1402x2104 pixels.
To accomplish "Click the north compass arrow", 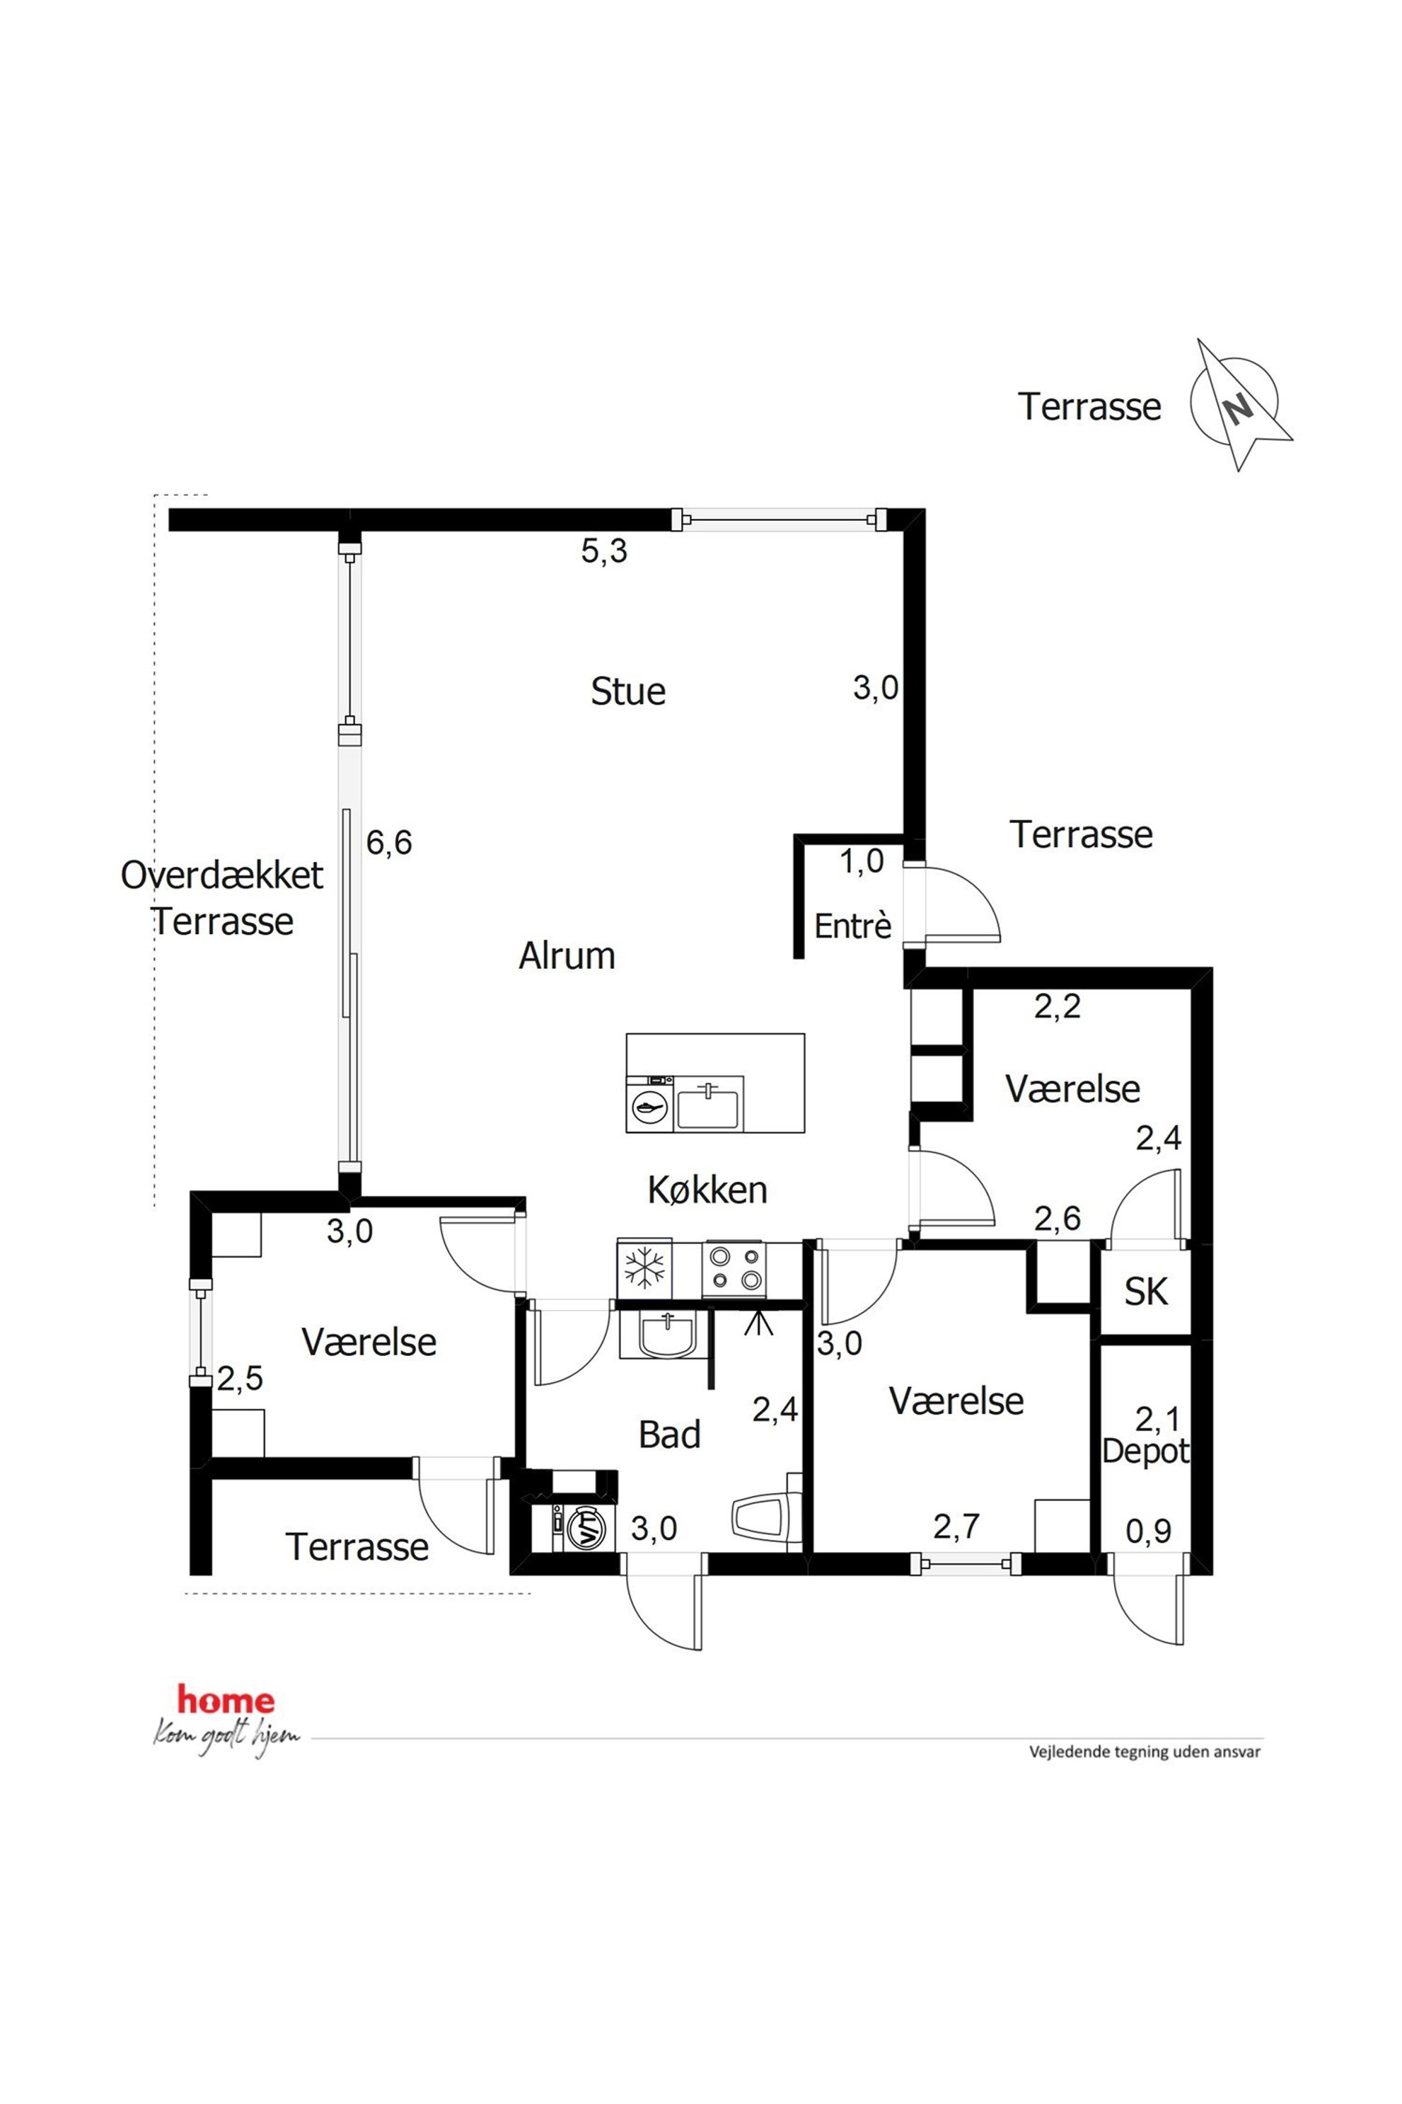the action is pos(1242,406).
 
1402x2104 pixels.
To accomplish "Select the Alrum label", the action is pos(567,956).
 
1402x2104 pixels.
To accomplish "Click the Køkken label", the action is pos(707,1190).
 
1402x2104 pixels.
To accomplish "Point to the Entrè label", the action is pos(853,926).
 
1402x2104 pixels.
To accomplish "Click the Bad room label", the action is pos(670,1435).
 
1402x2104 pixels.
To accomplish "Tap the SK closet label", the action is pos(1146,1292).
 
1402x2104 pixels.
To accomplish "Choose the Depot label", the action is pos(1145,1450).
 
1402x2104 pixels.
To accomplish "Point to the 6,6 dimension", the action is pos(389,843).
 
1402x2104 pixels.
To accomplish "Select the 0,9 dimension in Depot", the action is pos(1148,1532).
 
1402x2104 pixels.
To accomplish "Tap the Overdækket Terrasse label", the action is pos(221,897).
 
